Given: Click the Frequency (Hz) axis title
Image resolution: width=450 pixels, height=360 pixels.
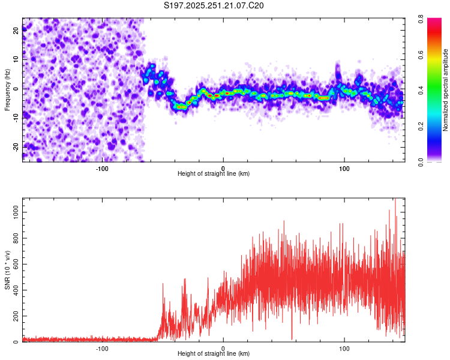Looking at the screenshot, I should point(8,89).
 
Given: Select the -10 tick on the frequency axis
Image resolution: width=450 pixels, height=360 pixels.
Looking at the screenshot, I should point(15,118).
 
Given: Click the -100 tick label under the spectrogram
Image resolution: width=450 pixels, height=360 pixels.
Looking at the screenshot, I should point(102,167).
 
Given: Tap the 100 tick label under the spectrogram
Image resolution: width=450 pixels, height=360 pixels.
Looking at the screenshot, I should point(344,167).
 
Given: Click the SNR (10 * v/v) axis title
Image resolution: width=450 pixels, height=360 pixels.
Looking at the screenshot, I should point(8,269).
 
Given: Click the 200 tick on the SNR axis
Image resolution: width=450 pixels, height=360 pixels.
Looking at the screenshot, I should point(15,316).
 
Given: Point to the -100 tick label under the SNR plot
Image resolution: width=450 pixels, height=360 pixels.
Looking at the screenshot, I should point(102,348).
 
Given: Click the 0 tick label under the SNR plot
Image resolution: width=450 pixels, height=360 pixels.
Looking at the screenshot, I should point(223,348).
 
